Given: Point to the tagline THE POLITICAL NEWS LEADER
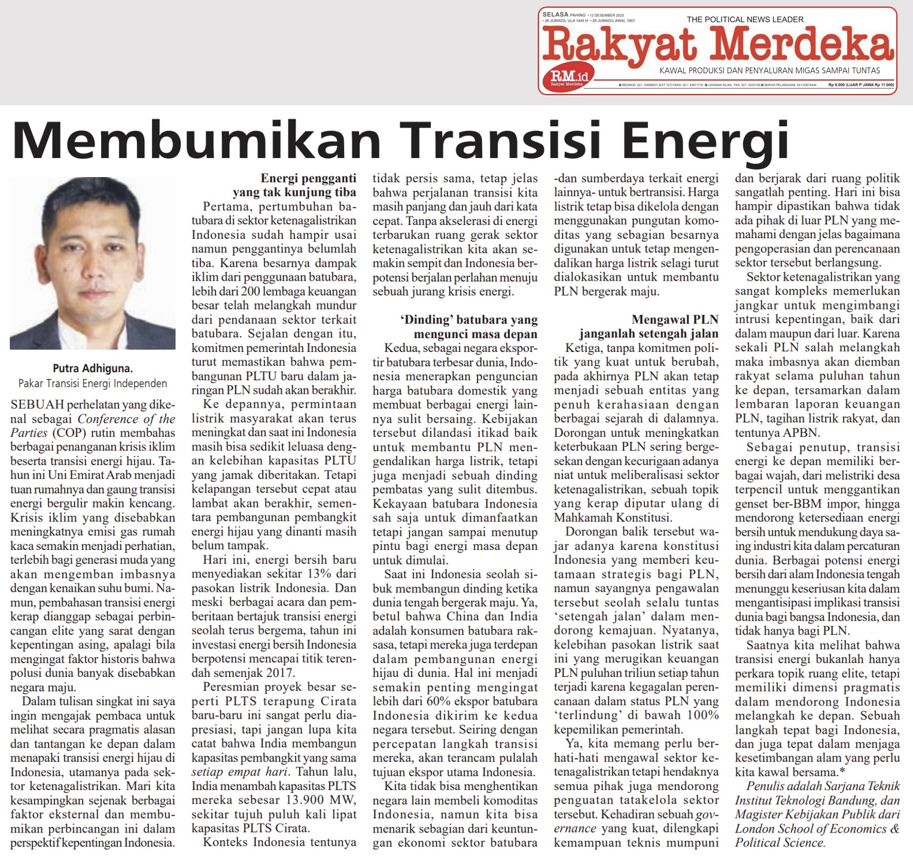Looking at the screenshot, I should (745, 19).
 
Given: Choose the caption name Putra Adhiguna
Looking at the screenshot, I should (93, 369).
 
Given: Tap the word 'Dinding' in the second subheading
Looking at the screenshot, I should (427, 320).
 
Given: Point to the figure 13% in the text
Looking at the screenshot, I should (319, 574).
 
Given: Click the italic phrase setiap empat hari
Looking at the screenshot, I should (239, 772).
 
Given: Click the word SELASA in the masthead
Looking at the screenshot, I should (555, 14).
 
